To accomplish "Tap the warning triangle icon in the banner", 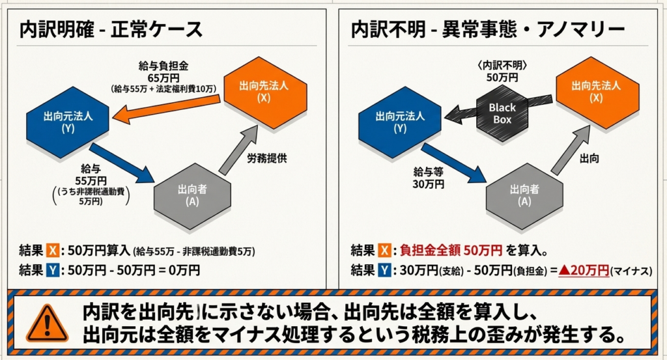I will click(48, 322).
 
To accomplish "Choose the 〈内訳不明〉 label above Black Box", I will click(502, 66).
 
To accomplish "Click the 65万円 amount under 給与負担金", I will click(154, 77).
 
